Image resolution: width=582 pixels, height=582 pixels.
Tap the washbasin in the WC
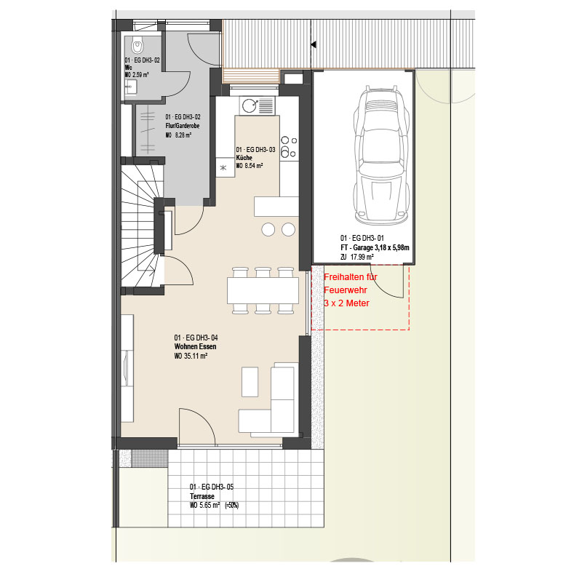point(131,87)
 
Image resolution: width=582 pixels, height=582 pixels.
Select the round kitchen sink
point(250,105)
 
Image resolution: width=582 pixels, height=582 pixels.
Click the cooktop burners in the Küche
point(289,148)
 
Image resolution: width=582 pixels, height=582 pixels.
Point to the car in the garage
point(380,155)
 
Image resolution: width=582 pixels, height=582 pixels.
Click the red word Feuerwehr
point(345,290)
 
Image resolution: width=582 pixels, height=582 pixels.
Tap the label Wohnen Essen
point(195,347)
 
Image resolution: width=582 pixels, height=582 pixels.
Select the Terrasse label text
point(202,496)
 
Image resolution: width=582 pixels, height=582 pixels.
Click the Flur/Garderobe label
point(183,126)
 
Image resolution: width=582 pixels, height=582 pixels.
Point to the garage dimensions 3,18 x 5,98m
point(392,247)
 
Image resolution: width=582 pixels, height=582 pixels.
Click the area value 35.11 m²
point(196,356)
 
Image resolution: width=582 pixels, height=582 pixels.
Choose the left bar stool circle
point(268,229)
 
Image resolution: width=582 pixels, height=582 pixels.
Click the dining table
point(263,290)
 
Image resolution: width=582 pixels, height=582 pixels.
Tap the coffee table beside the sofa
point(250,382)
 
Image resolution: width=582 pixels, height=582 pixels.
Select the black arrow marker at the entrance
point(314,44)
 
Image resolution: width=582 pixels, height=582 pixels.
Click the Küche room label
point(244,158)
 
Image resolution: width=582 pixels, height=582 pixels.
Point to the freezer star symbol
point(223,168)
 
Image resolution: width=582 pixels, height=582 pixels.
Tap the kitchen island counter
point(276,207)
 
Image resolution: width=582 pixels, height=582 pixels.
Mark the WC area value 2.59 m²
point(140,75)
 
